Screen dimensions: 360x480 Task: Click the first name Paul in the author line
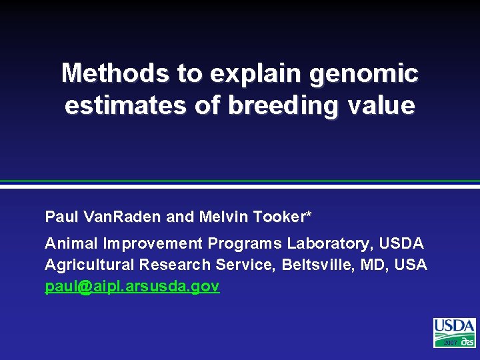click(59, 217)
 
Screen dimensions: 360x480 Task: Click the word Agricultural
click(89, 265)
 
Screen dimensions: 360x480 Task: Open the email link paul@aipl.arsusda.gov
click(132, 287)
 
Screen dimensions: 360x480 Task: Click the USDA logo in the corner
click(454, 332)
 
